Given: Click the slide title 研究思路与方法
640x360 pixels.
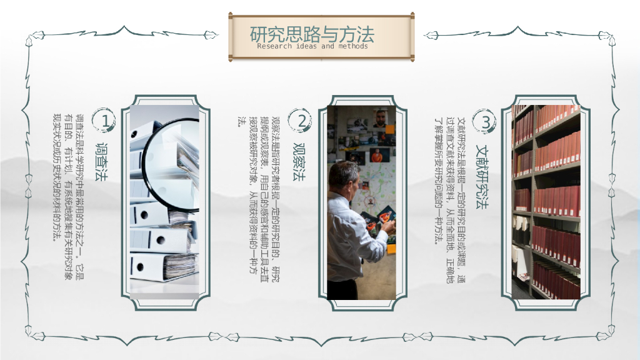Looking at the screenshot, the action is tap(312, 34).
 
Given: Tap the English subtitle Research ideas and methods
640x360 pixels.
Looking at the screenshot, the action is tap(312, 46).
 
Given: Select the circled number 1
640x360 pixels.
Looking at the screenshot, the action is tap(104, 121).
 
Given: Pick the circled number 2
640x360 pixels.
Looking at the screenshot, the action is tap(301, 121).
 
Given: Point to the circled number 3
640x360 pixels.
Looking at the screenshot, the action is tap(484, 121).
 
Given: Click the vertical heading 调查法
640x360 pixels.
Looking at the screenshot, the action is tap(101, 162).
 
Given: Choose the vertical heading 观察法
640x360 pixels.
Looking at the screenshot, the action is tap(298, 162).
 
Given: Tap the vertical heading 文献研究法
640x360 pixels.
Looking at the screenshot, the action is tap(482, 176).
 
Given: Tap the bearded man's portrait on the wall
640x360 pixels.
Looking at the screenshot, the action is tap(381, 118).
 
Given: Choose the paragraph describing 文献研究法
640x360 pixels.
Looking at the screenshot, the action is tap(449, 200).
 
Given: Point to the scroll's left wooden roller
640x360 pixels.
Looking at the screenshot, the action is tap(230, 37).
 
